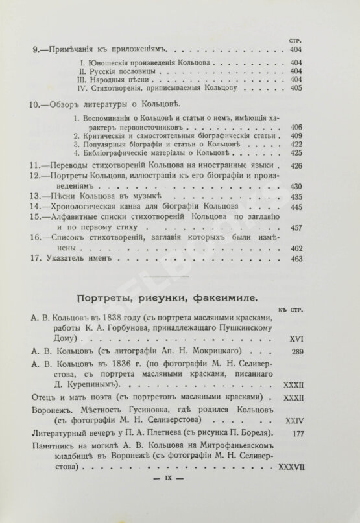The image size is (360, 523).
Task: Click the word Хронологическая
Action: pyautogui.click(x=86, y=206)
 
